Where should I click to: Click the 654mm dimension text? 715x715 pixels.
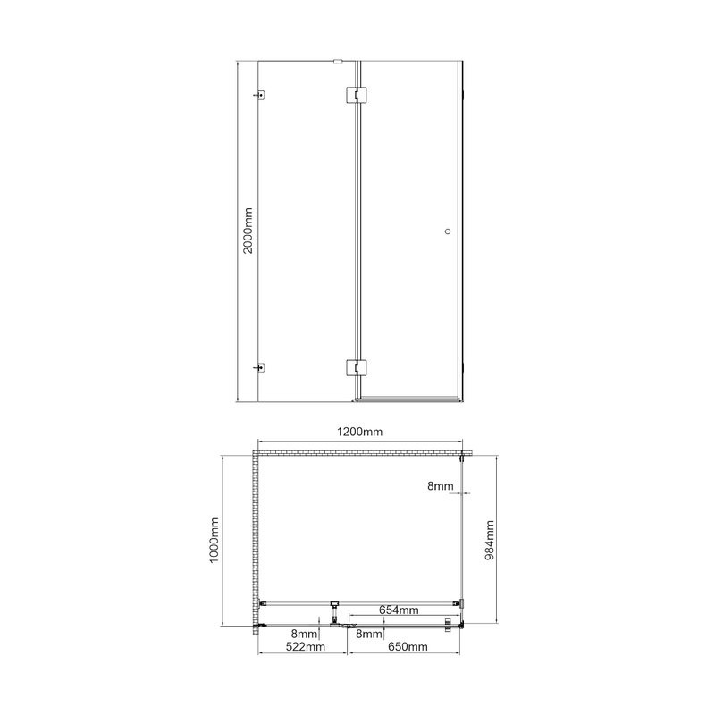point(398,610)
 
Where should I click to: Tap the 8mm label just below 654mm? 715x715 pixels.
point(369,634)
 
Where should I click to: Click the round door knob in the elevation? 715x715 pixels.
point(448,231)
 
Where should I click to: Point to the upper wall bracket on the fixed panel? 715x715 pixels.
point(261,94)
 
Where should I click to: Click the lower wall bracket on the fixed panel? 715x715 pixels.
point(261,366)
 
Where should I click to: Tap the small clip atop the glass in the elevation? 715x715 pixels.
point(338,62)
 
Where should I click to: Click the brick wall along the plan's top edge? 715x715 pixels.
point(357,453)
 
